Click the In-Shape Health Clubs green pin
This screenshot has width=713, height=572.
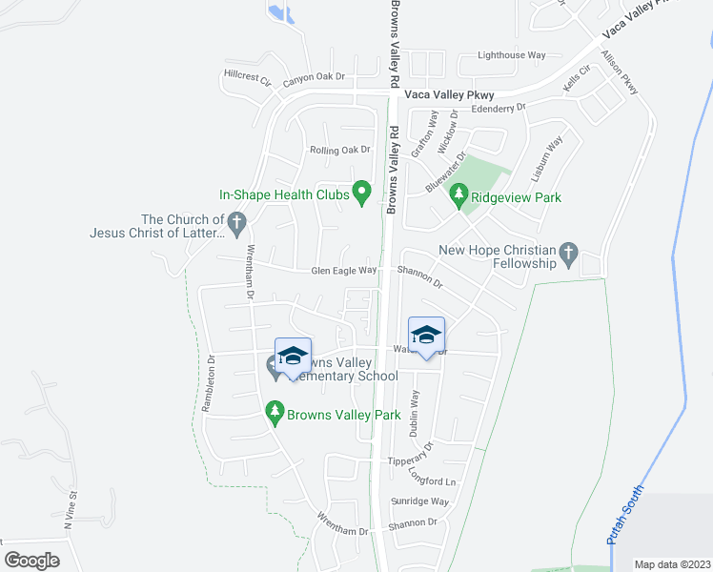coord(361,194)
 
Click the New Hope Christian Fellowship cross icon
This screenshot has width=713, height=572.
coord(568,253)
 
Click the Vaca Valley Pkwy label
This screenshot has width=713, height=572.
coord(449,95)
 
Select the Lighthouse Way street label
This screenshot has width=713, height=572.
coord(512,56)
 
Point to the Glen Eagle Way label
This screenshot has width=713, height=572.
coord(344,272)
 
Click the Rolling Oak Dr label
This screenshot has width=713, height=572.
coord(339,150)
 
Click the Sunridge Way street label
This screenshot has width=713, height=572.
coord(419,501)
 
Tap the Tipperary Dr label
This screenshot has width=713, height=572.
coord(412,460)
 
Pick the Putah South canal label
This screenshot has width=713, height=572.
coord(625,515)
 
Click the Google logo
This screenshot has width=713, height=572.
coord(32,561)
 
